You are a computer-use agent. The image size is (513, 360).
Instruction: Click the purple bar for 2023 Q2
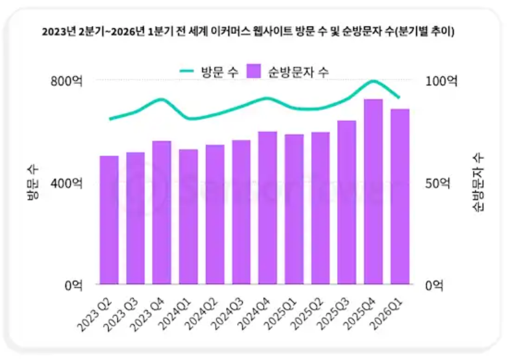click(x=109, y=220)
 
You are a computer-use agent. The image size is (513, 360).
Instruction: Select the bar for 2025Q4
click(x=373, y=191)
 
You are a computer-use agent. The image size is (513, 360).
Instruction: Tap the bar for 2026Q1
click(x=400, y=196)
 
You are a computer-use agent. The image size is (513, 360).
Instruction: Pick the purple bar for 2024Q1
click(x=188, y=217)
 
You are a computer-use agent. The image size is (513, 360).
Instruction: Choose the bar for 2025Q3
click(x=347, y=203)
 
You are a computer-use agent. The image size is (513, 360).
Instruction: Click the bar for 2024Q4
click(x=268, y=208)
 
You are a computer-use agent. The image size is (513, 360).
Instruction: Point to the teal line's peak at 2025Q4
click(x=373, y=80)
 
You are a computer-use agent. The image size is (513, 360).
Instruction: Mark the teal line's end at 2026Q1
click(x=399, y=97)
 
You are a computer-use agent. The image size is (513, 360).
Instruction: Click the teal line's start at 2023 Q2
click(x=111, y=119)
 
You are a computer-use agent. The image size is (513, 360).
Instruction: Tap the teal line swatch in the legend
click(x=187, y=70)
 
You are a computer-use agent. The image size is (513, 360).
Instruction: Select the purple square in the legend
click(x=254, y=71)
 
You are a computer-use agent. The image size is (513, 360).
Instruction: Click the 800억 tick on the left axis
click(x=67, y=81)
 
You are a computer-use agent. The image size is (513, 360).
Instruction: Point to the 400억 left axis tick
click(x=67, y=183)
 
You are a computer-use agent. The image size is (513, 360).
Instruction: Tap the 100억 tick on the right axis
click(x=441, y=81)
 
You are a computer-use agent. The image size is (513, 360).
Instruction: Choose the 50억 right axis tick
click(x=438, y=183)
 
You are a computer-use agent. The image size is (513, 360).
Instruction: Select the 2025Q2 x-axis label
click(x=308, y=314)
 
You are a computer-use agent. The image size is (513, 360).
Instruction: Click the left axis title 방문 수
click(x=33, y=182)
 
